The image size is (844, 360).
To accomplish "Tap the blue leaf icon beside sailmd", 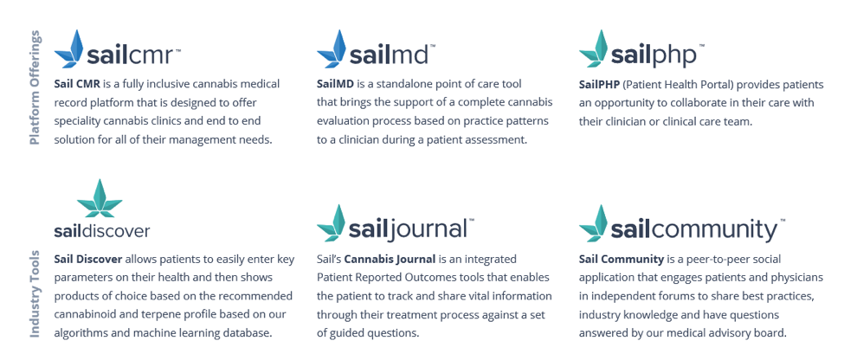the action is pos(331,48).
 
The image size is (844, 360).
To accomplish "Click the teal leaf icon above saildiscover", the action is pos(100,198).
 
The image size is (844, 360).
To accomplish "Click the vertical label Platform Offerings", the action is pos(35,87).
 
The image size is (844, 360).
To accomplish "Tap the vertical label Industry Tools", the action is pos(35,294).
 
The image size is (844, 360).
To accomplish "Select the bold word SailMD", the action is pos(334,85).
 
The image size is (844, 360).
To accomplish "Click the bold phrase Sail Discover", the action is pos(88,259).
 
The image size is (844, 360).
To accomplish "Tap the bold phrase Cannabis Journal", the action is pos(390,259).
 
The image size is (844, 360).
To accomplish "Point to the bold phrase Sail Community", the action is pos(622,259).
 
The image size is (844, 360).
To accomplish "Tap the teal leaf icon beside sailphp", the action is pos(593,48).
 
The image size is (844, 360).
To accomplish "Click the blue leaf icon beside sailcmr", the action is pos(69,48).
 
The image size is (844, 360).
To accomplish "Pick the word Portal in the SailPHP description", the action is pos(714,85).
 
